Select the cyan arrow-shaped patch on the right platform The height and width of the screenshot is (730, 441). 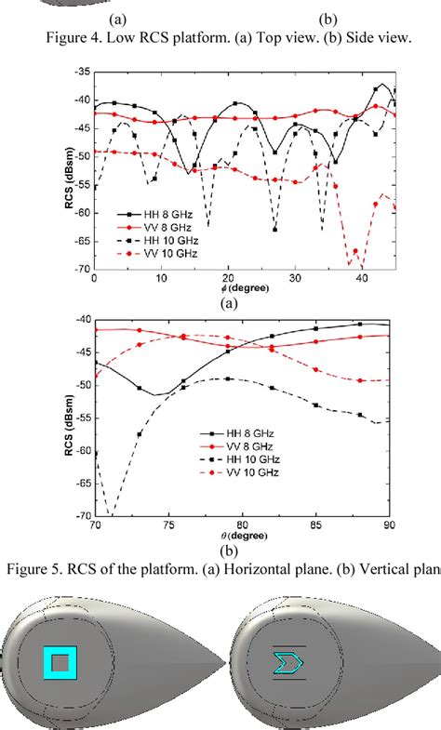click(284, 662)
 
